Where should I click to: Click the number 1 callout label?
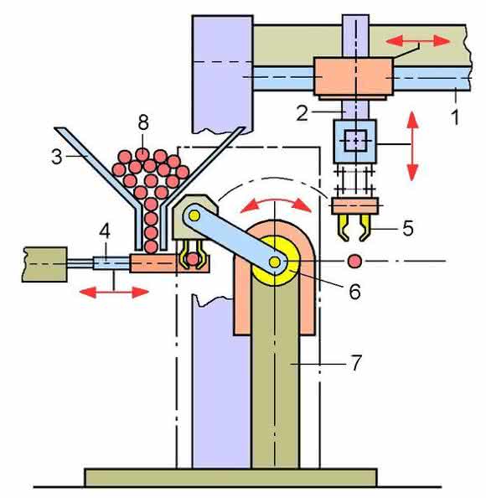point(455,117)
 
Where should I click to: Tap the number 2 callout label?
point(302,113)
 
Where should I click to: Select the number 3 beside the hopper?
point(57,157)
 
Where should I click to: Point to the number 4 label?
point(105,231)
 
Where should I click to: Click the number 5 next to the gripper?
point(408,228)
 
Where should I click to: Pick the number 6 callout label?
point(354,291)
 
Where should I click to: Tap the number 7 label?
point(356,363)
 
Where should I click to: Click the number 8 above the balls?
point(143,122)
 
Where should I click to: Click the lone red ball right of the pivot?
point(354,261)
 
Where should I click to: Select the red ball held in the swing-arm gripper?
point(193,259)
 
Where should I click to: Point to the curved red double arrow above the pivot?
point(276,204)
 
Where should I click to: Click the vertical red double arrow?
point(412,146)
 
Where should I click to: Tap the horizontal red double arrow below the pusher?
point(114,292)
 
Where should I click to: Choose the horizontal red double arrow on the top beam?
point(418,41)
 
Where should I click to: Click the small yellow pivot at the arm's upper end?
point(194,216)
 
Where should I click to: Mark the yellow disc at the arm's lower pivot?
point(275,262)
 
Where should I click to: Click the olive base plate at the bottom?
point(230,477)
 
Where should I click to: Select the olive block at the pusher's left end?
point(44,265)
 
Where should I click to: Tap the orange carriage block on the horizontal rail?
point(354,76)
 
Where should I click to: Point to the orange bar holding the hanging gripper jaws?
point(355,205)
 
